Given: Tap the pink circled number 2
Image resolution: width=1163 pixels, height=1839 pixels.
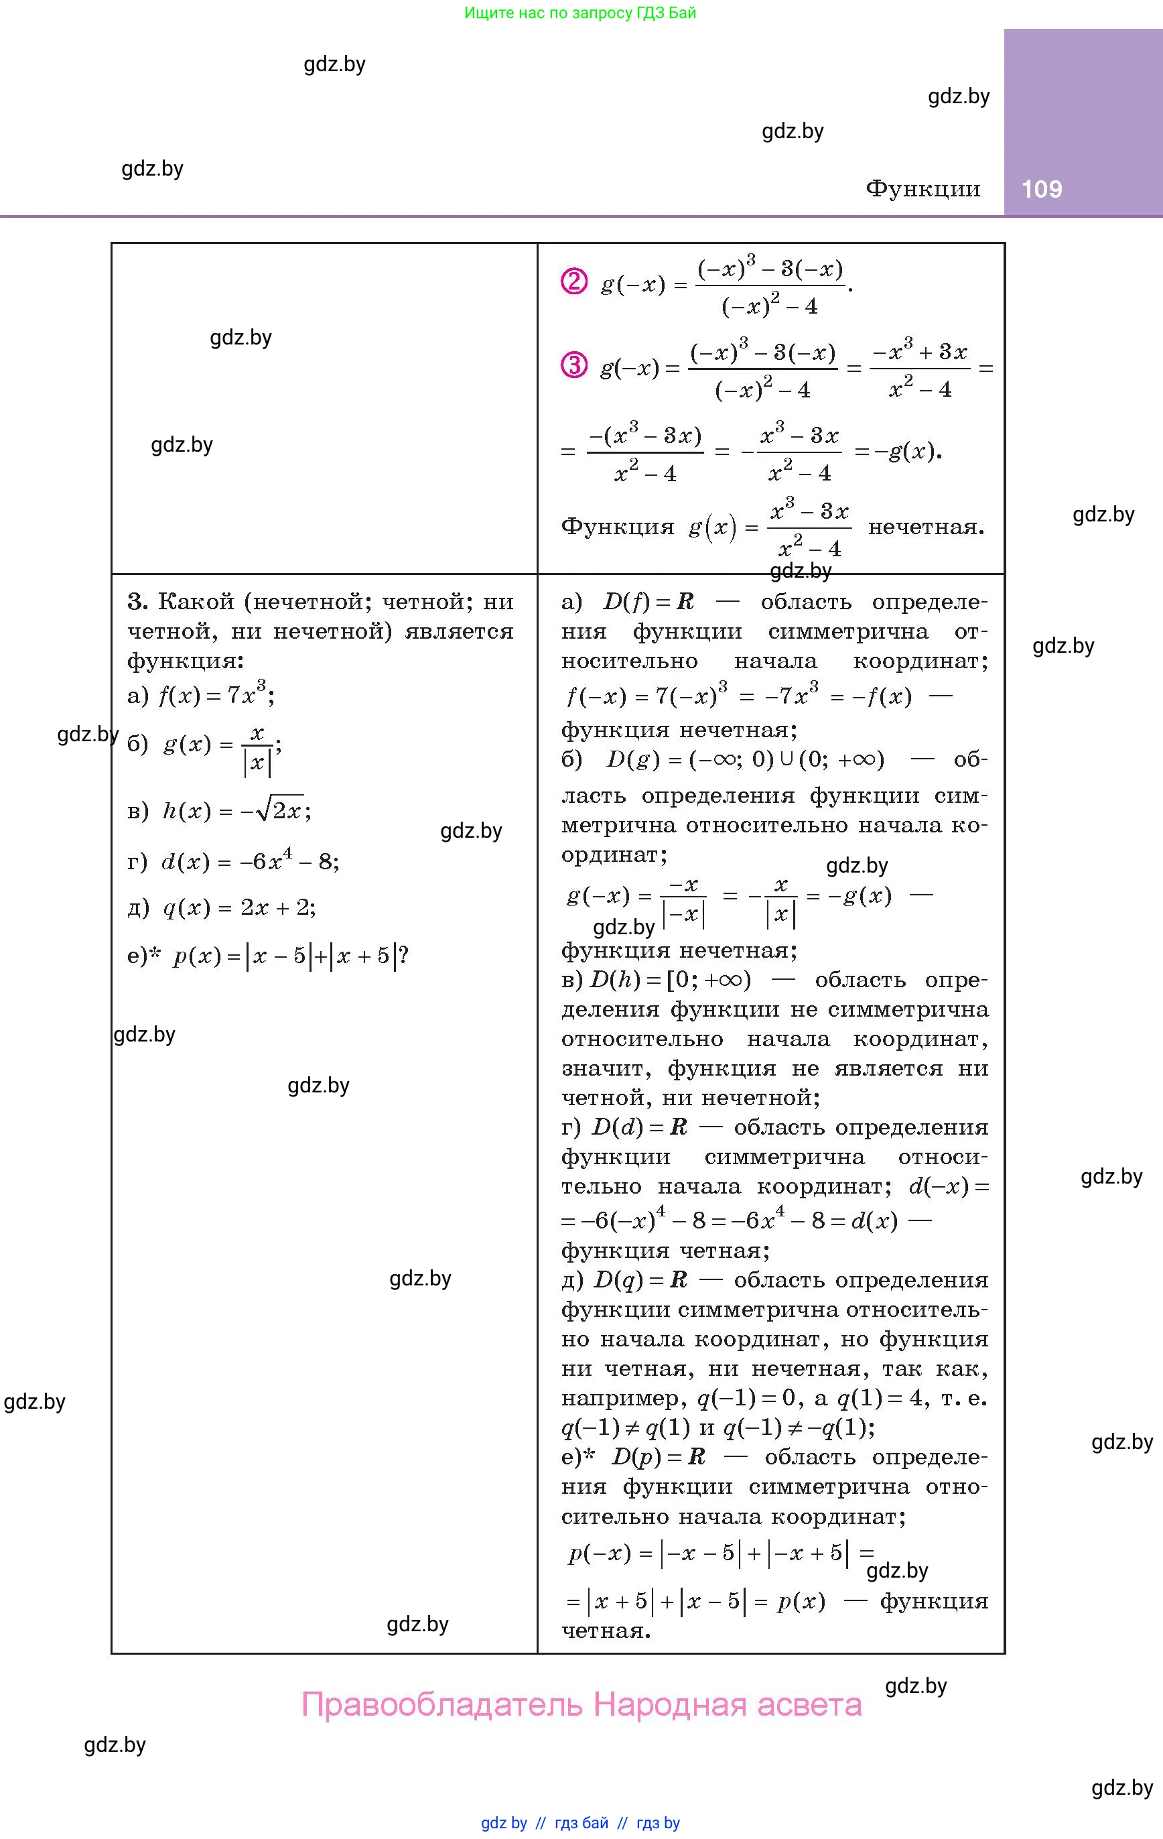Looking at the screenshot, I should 574,283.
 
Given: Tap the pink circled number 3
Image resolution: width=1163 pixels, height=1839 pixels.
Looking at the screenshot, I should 574,366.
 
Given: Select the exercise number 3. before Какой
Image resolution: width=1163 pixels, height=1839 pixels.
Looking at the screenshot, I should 137,603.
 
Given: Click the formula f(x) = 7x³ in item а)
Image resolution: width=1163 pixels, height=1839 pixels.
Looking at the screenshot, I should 215,695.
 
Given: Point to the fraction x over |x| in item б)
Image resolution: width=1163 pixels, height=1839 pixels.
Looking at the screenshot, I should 257,751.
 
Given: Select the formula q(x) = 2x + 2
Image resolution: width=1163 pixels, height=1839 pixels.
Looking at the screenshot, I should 239,908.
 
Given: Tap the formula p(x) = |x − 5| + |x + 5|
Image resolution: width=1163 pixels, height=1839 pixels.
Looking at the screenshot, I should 290,956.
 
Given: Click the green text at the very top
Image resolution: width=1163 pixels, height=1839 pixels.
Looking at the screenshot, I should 580,13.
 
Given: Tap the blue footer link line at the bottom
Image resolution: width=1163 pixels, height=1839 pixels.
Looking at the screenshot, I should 580,1823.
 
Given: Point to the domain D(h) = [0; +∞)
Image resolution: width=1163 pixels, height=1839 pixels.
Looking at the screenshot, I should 671,980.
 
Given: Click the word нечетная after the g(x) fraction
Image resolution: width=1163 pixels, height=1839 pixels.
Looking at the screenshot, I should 926,527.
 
